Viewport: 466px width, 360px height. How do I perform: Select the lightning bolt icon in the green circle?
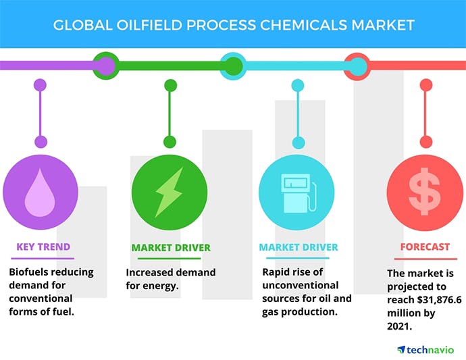169,192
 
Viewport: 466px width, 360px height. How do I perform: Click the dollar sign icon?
425,192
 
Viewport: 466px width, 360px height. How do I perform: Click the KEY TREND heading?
43,247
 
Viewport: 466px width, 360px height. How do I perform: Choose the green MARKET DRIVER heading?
170,248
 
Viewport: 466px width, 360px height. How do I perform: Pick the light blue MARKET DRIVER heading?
299,248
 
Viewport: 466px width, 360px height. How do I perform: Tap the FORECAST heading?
425,247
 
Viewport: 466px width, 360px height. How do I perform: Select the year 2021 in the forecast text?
399,325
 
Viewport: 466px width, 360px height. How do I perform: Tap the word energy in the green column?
162,286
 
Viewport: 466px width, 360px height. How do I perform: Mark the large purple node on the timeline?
105,66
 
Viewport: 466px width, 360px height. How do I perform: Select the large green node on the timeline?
233,66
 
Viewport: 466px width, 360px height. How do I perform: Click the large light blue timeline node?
358,66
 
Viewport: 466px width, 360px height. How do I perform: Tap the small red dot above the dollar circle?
425,142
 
